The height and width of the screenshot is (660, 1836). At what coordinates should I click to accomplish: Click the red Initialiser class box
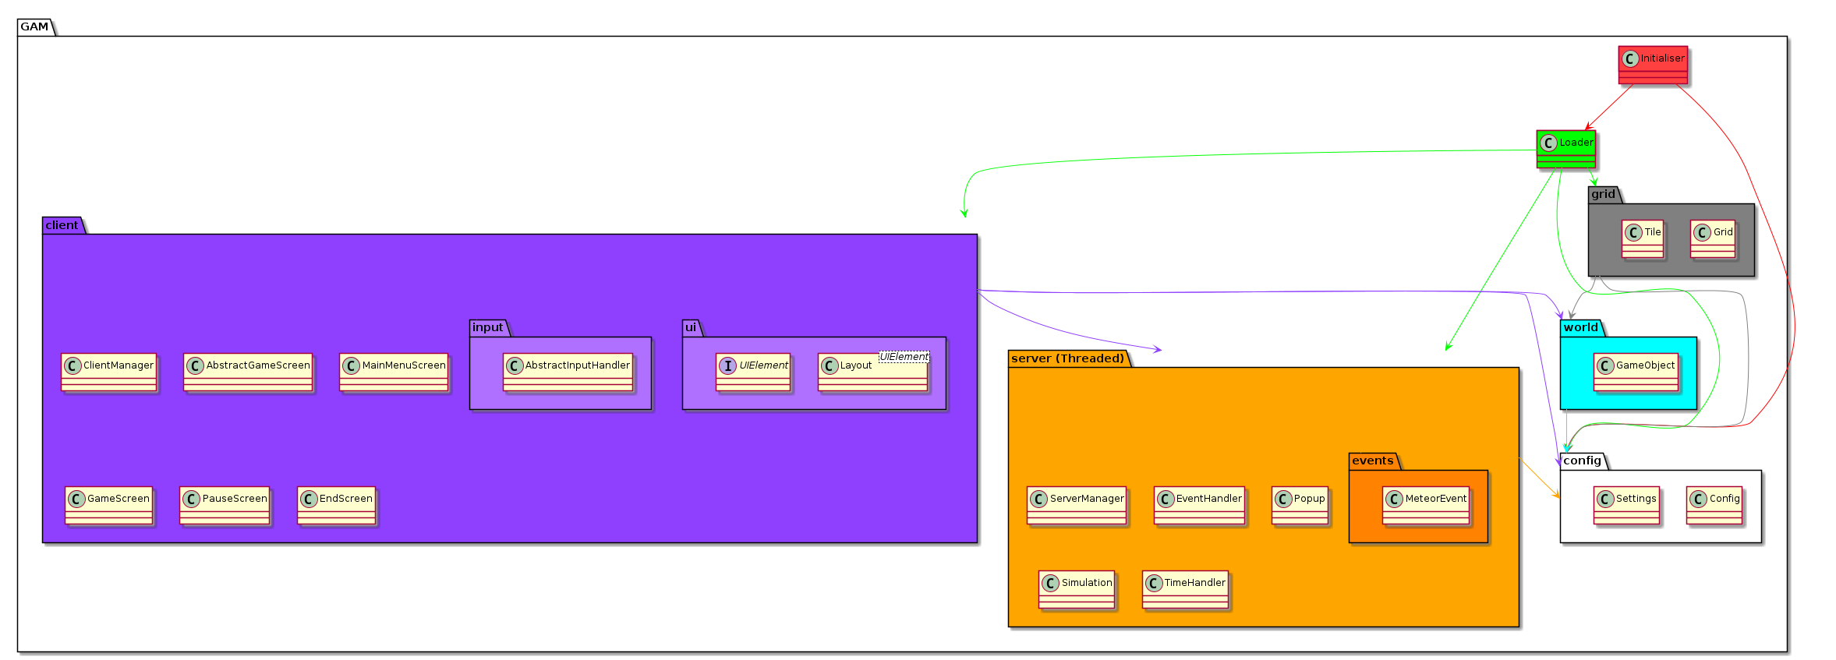click(x=1653, y=65)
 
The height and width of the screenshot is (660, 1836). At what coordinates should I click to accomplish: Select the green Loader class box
click(x=1566, y=149)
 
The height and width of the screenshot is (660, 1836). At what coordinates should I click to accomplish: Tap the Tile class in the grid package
click(x=1643, y=238)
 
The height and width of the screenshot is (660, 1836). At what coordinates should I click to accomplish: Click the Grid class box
click(x=1713, y=238)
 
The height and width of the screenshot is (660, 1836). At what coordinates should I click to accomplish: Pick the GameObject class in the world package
click(x=1636, y=372)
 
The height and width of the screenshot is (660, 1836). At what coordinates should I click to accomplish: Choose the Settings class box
click(x=1626, y=505)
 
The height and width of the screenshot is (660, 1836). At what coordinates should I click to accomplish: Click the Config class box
click(x=1714, y=505)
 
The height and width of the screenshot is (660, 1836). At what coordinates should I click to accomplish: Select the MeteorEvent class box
click(x=1426, y=505)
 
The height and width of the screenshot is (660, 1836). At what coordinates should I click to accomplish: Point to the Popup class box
click(x=1300, y=505)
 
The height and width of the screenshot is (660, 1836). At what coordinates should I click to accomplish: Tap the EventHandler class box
click(x=1199, y=505)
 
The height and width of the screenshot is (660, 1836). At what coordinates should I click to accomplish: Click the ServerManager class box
click(x=1077, y=505)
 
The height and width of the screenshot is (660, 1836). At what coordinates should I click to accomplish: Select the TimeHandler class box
click(x=1185, y=589)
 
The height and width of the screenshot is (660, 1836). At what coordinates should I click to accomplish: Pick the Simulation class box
click(x=1077, y=589)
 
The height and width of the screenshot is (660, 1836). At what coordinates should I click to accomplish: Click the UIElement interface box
click(x=753, y=372)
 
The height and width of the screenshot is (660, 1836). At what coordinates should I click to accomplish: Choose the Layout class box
click(x=873, y=372)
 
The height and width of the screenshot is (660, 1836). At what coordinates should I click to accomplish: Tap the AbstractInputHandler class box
click(x=568, y=372)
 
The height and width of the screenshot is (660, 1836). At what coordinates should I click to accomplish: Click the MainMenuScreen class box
click(x=394, y=372)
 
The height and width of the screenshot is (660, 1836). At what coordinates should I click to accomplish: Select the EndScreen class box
click(x=337, y=505)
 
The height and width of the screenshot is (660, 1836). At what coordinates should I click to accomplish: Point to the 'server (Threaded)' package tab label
click(x=1067, y=358)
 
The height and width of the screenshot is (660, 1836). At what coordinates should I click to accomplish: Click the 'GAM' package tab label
click(x=34, y=26)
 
